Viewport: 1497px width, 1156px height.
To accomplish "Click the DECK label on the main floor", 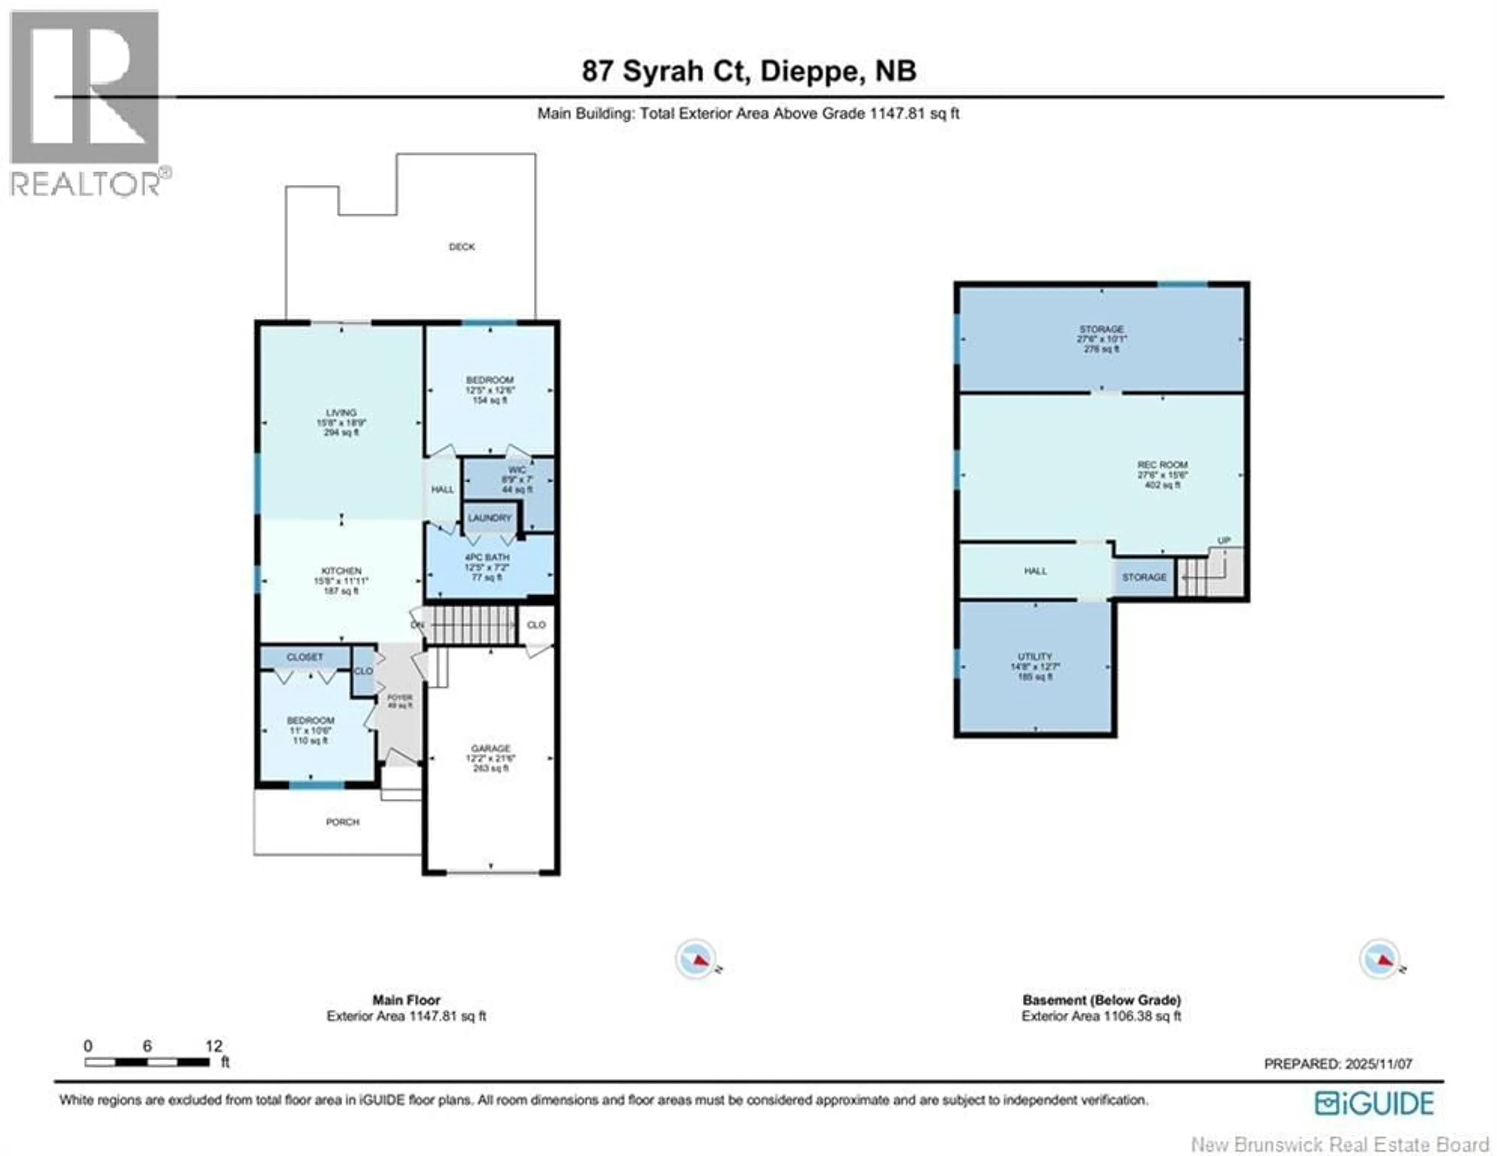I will pyautogui.click(x=461, y=247).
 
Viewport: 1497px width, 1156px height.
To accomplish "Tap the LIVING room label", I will pyautogui.click(x=341, y=413).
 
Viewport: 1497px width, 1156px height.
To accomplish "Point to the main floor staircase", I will pyautogui.click(x=472, y=625).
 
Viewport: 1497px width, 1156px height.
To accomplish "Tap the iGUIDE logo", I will pyautogui.click(x=1374, y=1104).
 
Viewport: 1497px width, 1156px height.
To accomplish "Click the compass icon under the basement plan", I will pyautogui.click(x=1379, y=959).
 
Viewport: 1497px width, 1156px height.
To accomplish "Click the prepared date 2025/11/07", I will pyautogui.click(x=1378, y=1064).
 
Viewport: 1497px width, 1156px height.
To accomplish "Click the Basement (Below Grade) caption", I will pyautogui.click(x=1101, y=1000).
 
